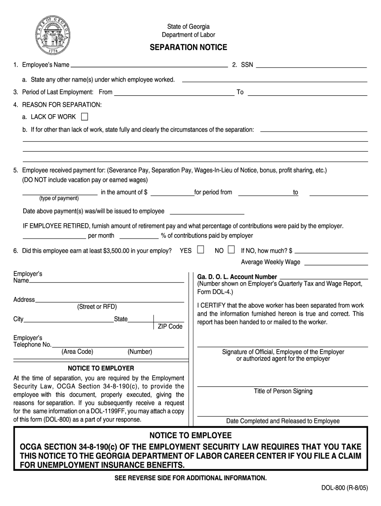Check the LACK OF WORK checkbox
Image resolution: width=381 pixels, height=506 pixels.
coord(84,117)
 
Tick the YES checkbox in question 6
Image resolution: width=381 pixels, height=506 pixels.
coord(200,250)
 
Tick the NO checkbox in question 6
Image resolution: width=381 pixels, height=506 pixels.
coord(231,250)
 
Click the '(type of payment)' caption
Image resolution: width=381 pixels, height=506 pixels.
coord(59,198)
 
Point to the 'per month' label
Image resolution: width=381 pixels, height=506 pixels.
coord(101,236)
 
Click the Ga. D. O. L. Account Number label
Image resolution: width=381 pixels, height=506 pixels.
coord(237,277)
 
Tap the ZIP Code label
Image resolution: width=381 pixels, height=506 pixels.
coord(170,327)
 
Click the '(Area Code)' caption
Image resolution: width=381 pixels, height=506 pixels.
coord(77,352)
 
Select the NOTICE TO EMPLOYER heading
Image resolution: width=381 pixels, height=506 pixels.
coord(100,368)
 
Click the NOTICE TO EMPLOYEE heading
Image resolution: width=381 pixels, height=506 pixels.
coord(190,435)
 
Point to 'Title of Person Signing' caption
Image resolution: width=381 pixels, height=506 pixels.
coord(283,391)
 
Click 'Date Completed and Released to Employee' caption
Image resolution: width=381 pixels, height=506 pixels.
coord(283,421)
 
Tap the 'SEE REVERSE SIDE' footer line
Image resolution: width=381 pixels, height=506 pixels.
coord(190,478)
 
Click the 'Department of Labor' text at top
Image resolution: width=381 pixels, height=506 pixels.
coord(189,35)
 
